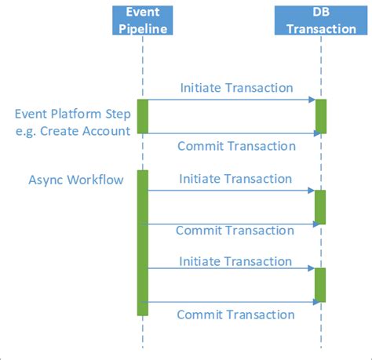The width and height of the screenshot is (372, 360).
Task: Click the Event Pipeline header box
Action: pyautogui.click(x=143, y=20)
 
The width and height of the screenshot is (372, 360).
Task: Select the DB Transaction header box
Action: pyautogui.click(x=321, y=20)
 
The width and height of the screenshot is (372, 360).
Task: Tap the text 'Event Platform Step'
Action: pyautogui.click(x=72, y=113)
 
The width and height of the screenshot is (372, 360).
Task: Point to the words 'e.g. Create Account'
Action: pyautogui.click(x=72, y=130)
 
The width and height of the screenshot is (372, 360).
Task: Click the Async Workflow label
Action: pyautogui.click(x=76, y=180)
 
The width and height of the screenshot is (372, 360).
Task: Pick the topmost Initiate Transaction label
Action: pyautogui.click(x=236, y=88)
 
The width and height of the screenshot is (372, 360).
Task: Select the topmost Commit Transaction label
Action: pyautogui.click(x=236, y=146)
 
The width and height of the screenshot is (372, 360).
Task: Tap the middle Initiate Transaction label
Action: pyautogui.click(x=235, y=179)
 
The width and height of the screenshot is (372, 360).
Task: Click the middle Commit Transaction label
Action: pyautogui.click(x=235, y=230)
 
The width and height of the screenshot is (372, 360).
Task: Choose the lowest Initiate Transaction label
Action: pyautogui.click(x=235, y=261)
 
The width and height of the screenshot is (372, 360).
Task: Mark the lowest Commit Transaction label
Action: pyautogui.click(x=235, y=315)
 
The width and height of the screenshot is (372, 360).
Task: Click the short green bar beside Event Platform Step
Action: pyautogui.click(x=143, y=116)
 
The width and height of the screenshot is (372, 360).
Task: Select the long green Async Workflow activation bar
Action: pyautogui.click(x=143, y=243)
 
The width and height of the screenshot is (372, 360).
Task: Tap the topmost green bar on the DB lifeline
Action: pyautogui.click(x=321, y=116)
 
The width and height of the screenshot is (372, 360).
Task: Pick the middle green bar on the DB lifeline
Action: pyautogui.click(x=320, y=207)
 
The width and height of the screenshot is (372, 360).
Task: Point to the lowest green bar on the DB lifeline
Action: pyautogui.click(x=320, y=285)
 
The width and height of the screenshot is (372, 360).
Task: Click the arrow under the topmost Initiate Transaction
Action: pyautogui.click(x=232, y=100)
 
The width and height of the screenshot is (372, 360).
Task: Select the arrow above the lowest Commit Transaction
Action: pyautogui.click(x=232, y=302)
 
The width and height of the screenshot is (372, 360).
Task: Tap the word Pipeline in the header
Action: pyautogui.click(x=143, y=29)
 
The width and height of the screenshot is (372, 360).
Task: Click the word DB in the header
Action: pyautogui.click(x=321, y=13)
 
